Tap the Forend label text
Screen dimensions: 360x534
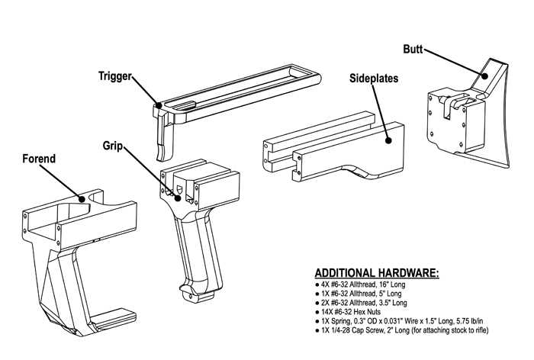pos(39,159)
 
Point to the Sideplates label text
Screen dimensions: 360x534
pos(374,79)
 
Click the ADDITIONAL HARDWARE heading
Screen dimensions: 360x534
pos(377,273)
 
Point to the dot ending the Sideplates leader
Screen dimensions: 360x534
pos(388,140)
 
